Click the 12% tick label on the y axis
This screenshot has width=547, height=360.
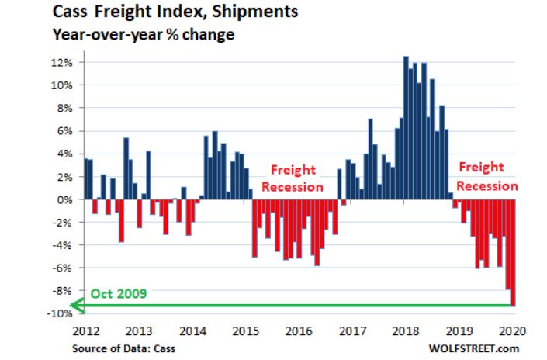point(62,62)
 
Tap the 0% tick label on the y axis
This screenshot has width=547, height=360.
point(64,199)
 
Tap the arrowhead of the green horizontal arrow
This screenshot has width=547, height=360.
point(76,306)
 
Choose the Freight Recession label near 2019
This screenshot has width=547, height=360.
point(486,176)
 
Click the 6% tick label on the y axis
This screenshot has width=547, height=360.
point(64,131)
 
